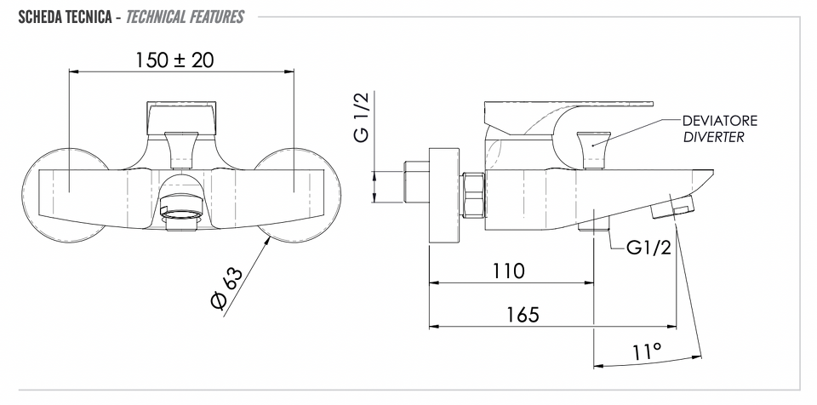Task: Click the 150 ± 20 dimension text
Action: [x=174, y=60]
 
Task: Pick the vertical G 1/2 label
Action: [x=361, y=117]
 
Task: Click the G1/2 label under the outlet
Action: [x=649, y=248]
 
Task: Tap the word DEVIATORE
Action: [x=720, y=121]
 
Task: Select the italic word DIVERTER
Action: [x=713, y=138]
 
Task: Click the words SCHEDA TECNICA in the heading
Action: [x=65, y=17]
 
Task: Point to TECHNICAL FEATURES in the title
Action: [x=185, y=17]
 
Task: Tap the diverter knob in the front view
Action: [x=180, y=150]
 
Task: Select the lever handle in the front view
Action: [x=181, y=119]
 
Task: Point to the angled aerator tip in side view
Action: [x=672, y=207]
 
